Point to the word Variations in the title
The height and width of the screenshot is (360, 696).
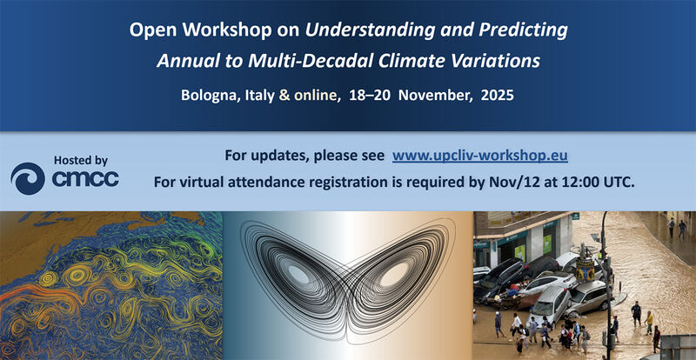tap(494, 61)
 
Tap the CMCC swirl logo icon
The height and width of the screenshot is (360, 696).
tap(27, 178)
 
